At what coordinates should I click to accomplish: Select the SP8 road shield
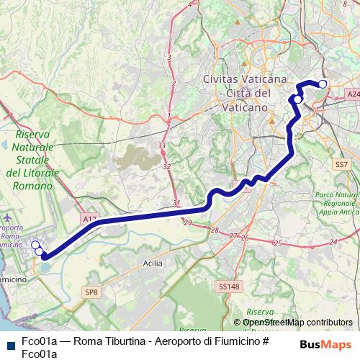point(91,292)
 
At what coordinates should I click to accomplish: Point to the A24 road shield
point(352,94)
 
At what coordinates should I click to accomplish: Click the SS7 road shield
point(341,165)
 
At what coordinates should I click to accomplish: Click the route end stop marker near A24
point(323,84)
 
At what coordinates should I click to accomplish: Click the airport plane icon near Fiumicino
point(8,217)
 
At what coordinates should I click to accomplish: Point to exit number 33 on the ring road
point(162,145)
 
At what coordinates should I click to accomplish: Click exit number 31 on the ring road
point(176,202)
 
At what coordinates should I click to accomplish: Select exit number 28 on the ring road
point(214,230)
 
